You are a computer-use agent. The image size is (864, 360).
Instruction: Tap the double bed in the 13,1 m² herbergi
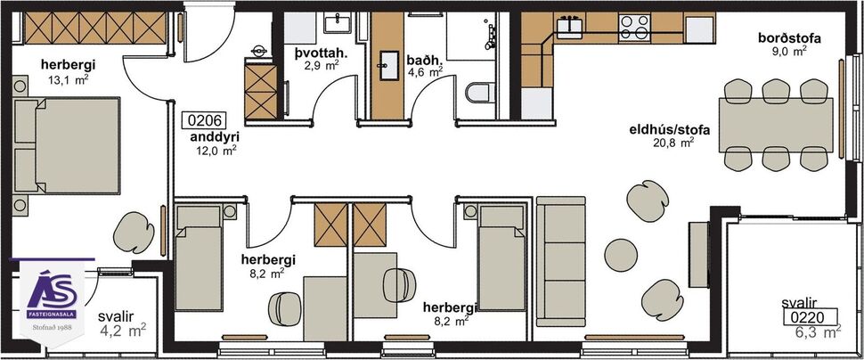(x=68, y=147)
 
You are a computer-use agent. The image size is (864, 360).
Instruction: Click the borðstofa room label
(x=788, y=38)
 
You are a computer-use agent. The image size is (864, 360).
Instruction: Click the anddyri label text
(x=215, y=138)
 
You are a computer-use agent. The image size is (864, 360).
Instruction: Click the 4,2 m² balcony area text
(x=122, y=331)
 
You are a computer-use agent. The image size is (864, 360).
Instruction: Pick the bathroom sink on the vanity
(x=388, y=61)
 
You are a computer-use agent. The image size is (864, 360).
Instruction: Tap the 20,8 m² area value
(x=674, y=142)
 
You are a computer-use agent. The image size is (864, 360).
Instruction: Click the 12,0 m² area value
(x=216, y=151)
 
